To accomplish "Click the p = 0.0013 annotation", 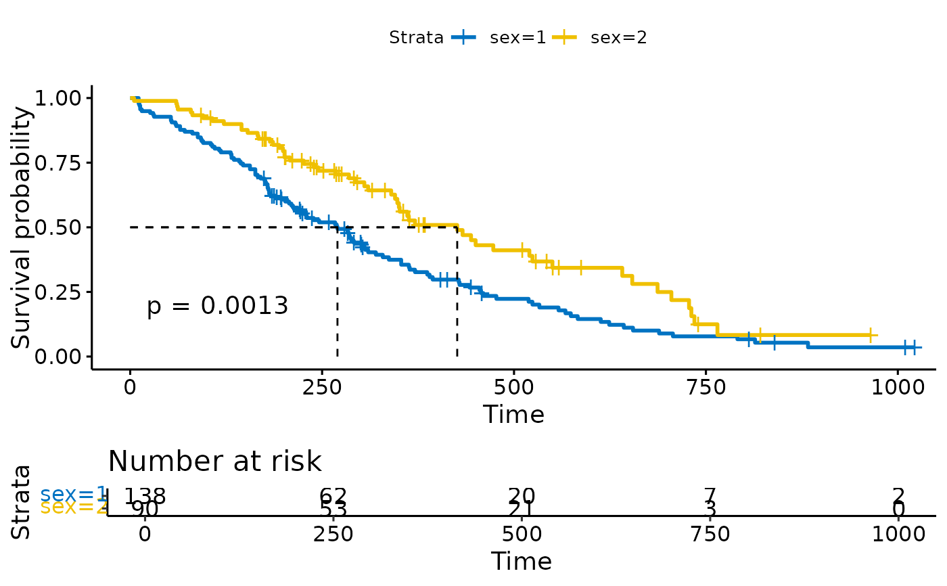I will click(217, 307).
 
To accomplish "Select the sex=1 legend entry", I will click(517, 38).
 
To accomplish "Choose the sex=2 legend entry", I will click(618, 38).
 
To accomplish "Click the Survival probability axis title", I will click(22, 227).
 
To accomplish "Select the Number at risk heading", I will click(214, 461).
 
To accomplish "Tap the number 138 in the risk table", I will click(144, 496).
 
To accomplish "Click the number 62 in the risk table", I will click(333, 496).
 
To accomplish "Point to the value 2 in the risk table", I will click(898, 496).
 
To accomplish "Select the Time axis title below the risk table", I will click(521, 562).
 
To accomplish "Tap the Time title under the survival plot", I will click(513, 415).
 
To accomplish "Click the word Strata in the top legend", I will click(416, 38).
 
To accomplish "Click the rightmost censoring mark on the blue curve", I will click(914, 347).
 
